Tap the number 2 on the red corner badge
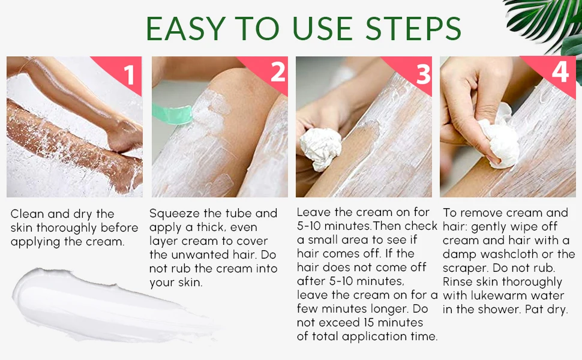coord(277,73)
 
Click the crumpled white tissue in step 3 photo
coord(319,148)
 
